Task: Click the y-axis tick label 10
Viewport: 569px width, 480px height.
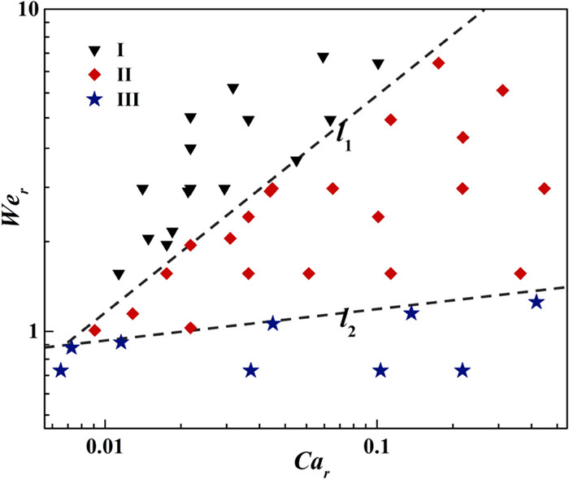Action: pyautogui.click(x=24, y=12)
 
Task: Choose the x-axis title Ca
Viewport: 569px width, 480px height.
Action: pyautogui.click(x=312, y=467)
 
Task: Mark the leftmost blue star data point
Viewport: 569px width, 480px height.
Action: pyautogui.click(x=60, y=371)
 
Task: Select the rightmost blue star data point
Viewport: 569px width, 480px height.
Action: pyautogui.click(x=536, y=302)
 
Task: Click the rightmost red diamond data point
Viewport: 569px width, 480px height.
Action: pyautogui.click(x=544, y=189)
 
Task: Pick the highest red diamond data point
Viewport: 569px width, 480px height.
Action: pyautogui.click(x=438, y=63)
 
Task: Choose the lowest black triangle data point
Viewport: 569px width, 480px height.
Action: pyautogui.click(x=119, y=274)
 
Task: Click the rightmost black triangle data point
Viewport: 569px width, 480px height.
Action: pyautogui.click(x=378, y=64)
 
